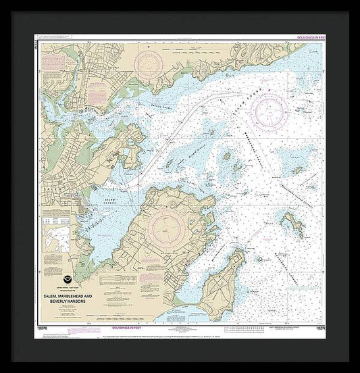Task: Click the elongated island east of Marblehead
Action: click(x=292, y=223)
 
